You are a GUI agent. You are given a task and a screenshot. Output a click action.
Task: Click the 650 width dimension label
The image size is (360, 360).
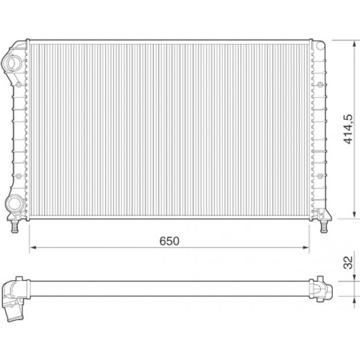point(169,241)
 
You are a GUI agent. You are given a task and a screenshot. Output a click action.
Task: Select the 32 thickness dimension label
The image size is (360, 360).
point(348,262)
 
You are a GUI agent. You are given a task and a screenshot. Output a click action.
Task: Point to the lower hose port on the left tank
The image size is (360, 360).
point(14,203)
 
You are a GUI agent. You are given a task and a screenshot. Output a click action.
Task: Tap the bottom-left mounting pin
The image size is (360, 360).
point(14,227)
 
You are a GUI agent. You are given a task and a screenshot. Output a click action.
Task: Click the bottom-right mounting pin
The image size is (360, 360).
point(324,227)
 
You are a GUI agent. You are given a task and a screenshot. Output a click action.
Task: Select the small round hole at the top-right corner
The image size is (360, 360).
point(320,46)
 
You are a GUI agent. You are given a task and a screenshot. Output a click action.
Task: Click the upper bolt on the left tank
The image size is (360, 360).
point(19,85)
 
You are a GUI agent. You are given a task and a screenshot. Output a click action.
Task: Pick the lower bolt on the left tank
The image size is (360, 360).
point(19,176)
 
